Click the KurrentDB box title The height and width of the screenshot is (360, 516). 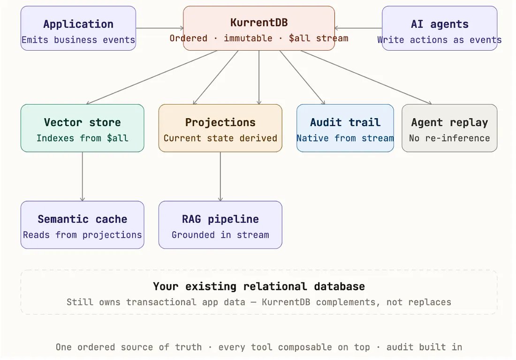259,22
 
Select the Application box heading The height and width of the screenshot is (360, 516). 78,24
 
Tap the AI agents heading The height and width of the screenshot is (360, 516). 439,24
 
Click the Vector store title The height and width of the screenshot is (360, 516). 82,123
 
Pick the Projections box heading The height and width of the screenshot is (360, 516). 220,123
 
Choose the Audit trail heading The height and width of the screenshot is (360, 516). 345,123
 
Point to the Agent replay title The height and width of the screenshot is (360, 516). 449,123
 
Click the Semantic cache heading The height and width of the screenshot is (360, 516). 82,219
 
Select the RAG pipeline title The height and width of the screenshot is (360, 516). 220,219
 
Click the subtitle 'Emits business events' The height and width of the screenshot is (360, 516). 78,40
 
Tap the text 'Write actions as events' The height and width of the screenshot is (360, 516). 439,40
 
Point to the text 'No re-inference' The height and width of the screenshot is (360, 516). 449,138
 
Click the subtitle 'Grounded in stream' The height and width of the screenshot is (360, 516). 220,235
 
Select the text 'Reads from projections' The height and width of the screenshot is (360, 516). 82,235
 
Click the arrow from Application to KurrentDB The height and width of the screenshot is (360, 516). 159,28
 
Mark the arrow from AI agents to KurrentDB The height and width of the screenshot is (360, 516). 358,28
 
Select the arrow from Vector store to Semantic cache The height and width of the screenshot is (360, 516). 83,176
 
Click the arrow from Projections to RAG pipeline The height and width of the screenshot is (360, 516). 220,176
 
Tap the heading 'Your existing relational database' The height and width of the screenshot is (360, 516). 259,286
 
